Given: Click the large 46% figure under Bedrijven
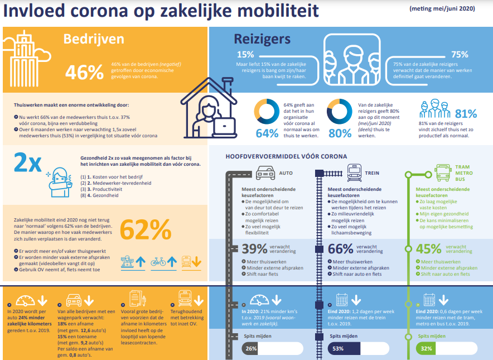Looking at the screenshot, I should point(85,72).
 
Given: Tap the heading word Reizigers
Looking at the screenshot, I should point(262,39).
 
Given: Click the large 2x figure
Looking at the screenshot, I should point(27,162).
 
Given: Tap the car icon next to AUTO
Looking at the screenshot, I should point(265,173).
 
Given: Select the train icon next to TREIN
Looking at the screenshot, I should point(355,172).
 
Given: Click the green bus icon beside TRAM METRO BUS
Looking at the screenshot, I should point(443,173).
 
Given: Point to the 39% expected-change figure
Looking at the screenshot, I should point(254,248).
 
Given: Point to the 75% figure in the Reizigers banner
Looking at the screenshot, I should point(460,55).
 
